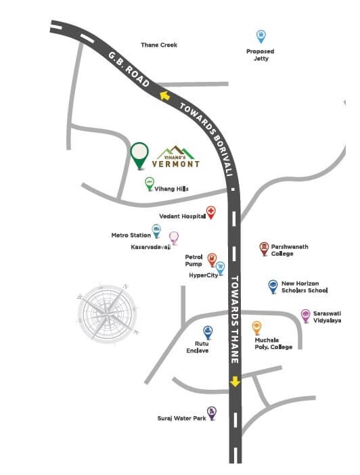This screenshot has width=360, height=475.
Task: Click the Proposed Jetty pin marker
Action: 261,37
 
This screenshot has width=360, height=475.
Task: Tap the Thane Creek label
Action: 159,45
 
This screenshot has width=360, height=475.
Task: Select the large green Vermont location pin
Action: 139,154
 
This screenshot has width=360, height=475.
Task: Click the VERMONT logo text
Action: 178,163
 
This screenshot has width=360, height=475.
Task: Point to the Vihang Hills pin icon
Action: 150,183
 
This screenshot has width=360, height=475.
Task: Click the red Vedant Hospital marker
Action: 211,212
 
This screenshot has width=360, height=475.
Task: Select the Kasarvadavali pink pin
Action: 174,237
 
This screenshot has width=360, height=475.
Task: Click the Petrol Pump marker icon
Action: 212,259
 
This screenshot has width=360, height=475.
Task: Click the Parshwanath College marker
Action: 264,248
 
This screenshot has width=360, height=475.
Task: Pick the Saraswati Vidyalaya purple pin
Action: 306,315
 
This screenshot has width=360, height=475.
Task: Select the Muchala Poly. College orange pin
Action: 257,327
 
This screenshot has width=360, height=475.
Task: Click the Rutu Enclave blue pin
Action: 208,332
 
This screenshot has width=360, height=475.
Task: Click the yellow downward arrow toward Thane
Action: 235,381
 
